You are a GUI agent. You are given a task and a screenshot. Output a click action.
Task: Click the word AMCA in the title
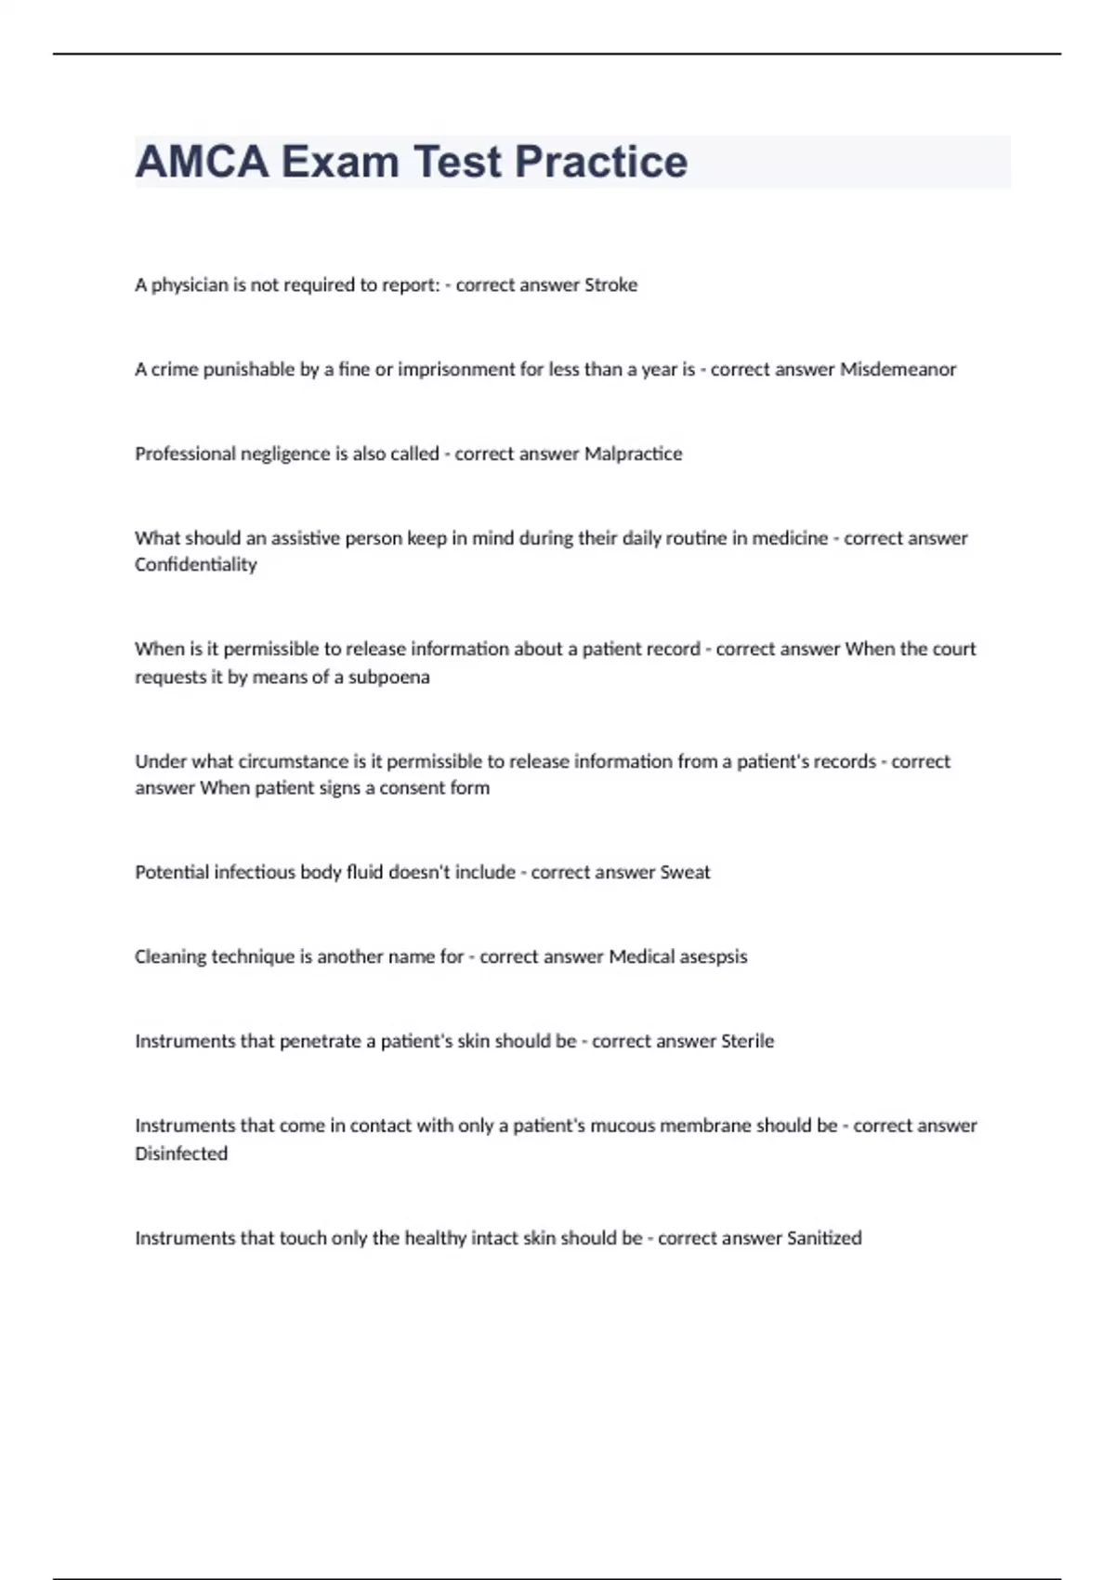(x=202, y=162)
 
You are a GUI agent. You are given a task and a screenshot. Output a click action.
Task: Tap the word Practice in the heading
(x=601, y=162)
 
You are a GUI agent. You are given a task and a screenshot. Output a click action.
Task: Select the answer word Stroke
(x=610, y=285)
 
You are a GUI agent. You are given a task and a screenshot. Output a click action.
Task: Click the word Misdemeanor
(x=898, y=370)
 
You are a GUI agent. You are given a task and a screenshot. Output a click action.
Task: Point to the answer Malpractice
(x=633, y=454)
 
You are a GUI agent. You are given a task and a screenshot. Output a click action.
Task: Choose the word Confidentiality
(x=195, y=565)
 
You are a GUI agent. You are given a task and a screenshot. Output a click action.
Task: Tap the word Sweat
(x=685, y=873)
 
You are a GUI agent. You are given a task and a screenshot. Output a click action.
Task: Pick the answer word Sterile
(x=747, y=1042)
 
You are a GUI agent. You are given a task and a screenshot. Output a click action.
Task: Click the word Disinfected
(x=181, y=1154)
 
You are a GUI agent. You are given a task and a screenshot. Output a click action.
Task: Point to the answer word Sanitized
(x=824, y=1239)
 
